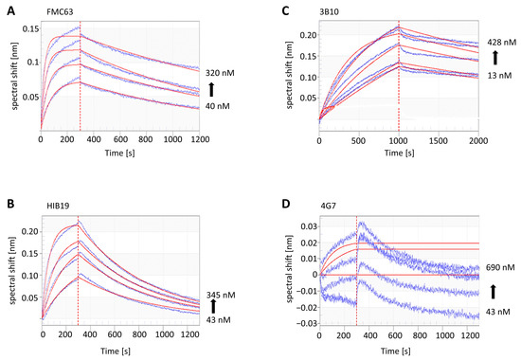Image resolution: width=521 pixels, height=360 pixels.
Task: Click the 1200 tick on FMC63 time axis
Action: pos(198,138)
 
